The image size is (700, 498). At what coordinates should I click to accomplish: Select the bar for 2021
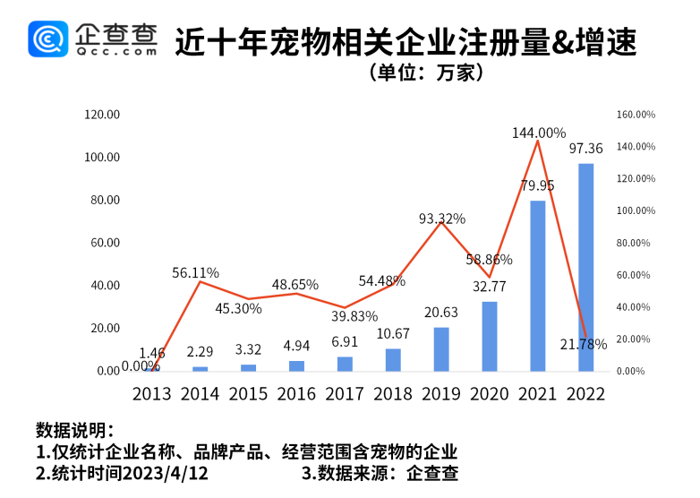(538, 286)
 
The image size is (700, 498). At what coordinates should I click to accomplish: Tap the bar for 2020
(490, 336)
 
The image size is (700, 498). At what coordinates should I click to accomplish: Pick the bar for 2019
(441, 348)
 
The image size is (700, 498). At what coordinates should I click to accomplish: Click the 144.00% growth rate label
(539, 133)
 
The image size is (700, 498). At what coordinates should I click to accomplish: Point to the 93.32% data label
(442, 219)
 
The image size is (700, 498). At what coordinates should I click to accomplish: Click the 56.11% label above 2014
(196, 272)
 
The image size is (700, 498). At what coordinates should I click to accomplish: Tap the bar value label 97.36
(585, 149)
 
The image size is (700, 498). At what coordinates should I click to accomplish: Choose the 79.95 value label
(537, 185)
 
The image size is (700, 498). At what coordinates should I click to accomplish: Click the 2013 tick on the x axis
(151, 394)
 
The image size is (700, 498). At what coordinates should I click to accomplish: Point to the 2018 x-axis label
(393, 394)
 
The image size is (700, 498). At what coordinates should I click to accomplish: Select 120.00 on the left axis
(102, 115)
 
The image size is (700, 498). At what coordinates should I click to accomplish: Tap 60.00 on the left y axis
(105, 243)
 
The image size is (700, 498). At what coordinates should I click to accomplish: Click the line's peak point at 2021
(538, 141)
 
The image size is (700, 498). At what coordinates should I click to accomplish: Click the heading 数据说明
(74, 428)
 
